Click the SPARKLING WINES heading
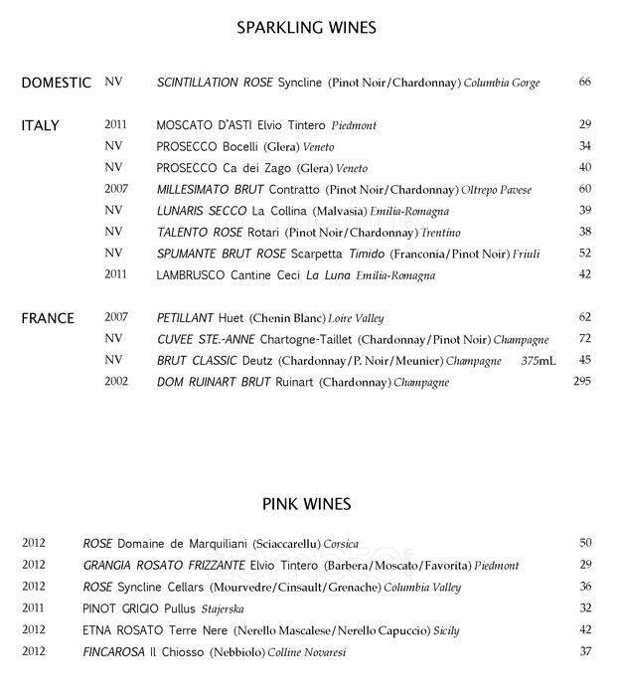(x=306, y=27)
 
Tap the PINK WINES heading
(x=306, y=504)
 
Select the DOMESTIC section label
(x=57, y=83)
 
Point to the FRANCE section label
(x=48, y=318)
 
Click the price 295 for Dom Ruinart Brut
(x=582, y=381)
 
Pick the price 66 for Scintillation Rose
(x=584, y=83)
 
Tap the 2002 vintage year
(x=117, y=381)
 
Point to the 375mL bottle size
(x=540, y=360)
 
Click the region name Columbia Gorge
(x=502, y=84)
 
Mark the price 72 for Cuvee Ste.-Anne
(x=584, y=339)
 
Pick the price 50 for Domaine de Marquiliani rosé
(x=585, y=543)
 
